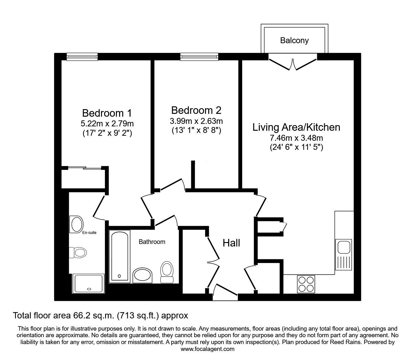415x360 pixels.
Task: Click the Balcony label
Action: coord(294,41)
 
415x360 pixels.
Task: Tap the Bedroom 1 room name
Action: coord(107,113)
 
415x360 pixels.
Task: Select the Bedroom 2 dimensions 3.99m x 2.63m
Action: coord(196,121)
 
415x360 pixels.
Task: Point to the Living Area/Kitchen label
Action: coord(296,127)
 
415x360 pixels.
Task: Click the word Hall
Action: coord(231,243)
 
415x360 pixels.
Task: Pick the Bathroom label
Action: coord(152,241)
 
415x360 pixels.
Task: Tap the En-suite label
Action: coord(89,233)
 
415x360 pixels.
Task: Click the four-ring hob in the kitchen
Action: coord(306,284)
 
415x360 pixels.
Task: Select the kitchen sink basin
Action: coord(344,247)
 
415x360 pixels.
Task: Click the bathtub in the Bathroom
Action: coord(119,256)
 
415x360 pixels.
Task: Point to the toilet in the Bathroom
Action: coord(167,272)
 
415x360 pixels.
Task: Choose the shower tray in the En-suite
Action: coord(88,284)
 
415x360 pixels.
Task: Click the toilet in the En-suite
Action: coord(78,252)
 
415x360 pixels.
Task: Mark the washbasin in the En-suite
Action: coord(77,225)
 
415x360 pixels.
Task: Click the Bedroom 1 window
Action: coord(82,57)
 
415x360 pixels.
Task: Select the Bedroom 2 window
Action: coord(199,57)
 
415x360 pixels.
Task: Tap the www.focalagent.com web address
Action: coord(207,349)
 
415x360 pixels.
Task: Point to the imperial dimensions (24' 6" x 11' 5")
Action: coord(296,147)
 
